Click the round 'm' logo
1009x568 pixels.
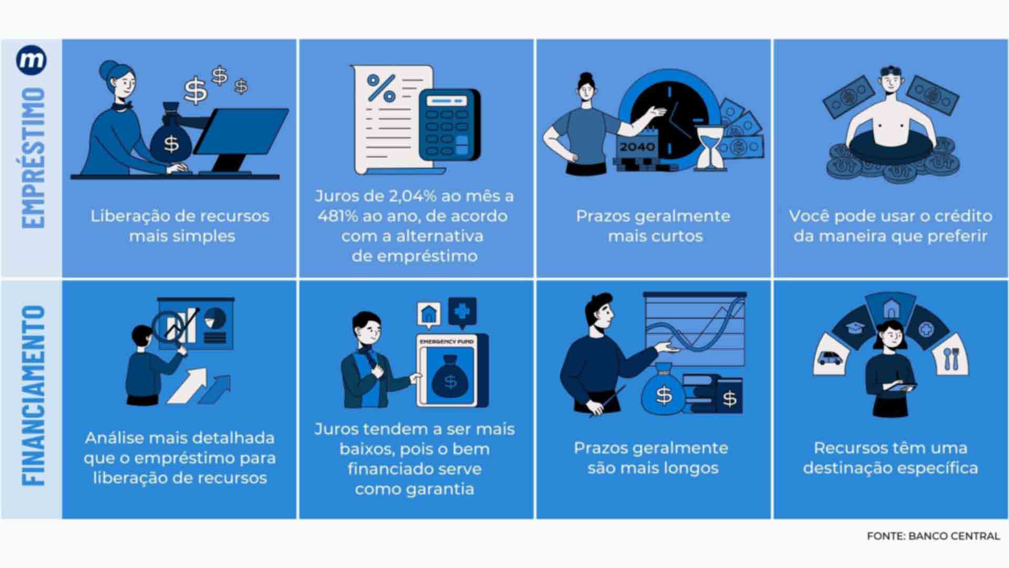click(x=32, y=61)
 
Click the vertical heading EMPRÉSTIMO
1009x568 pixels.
click(x=33, y=157)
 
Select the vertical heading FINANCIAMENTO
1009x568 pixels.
click(x=33, y=395)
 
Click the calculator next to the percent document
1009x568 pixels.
click(x=449, y=124)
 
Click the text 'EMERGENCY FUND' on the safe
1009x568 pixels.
click(x=447, y=342)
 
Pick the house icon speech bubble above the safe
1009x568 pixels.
click(x=429, y=314)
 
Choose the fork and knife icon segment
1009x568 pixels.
click(x=951, y=358)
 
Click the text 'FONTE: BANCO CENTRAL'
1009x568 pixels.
click(x=933, y=536)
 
